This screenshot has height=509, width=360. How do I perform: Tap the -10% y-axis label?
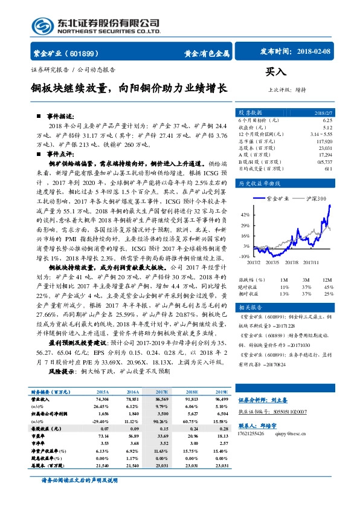(x=245, y=257)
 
